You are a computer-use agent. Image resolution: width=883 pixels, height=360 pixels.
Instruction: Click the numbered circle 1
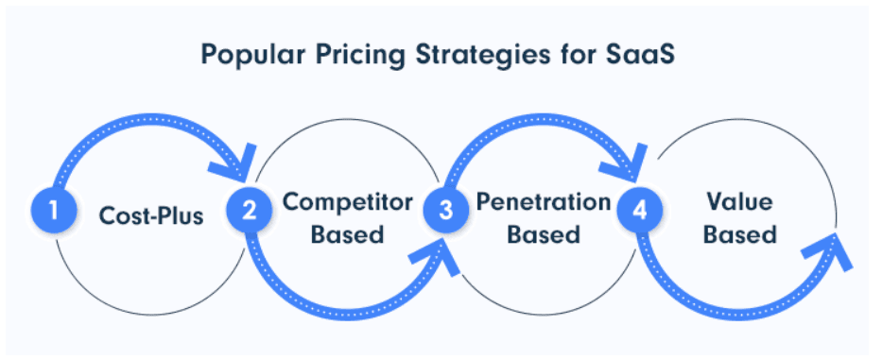coord(54,211)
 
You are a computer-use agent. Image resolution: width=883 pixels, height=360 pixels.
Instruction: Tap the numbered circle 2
coord(250,211)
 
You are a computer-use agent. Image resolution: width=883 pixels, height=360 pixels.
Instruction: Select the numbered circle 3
coord(446,211)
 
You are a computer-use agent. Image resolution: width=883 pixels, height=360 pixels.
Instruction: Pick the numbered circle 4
coord(640,211)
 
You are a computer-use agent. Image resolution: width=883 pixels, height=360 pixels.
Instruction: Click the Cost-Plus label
coord(151,216)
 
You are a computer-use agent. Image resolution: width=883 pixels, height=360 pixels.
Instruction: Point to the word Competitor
coord(348,202)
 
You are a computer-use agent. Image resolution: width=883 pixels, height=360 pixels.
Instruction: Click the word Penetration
coord(544,202)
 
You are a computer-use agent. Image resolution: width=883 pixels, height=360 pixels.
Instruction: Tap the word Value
coord(740,202)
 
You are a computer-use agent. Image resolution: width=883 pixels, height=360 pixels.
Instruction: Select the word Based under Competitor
coord(348,234)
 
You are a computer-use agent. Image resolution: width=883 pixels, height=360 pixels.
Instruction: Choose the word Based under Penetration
coord(544,234)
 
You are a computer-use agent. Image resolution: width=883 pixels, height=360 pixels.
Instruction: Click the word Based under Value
coord(740,234)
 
